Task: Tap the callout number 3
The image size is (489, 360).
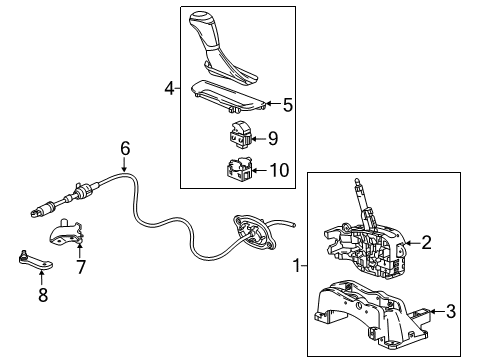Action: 450,312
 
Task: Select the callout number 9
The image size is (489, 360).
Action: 273,138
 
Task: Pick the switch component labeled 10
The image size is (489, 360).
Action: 241,167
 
